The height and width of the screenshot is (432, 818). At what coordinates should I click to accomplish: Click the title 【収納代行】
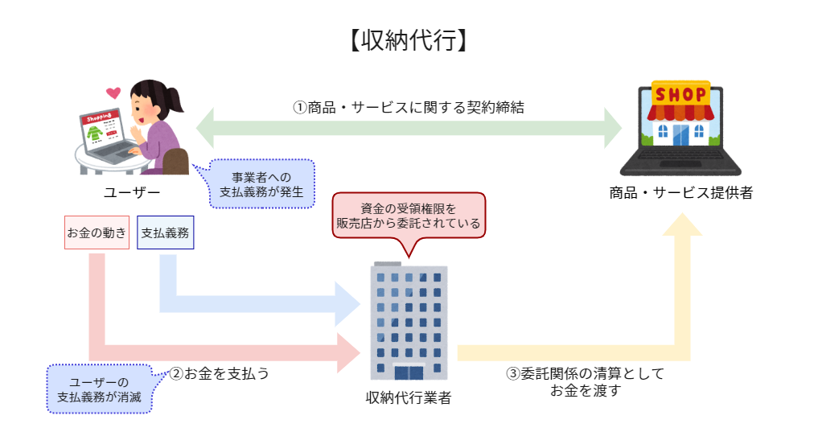tap(409, 40)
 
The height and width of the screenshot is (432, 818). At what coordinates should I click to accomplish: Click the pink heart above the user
tap(113, 92)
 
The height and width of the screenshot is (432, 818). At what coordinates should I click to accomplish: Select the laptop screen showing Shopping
tap(101, 129)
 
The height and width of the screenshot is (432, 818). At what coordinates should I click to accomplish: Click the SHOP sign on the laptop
tap(680, 95)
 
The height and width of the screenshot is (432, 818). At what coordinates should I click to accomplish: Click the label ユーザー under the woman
tap(132, 192)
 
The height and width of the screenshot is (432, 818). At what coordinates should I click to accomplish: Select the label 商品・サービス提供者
tap(680, 193)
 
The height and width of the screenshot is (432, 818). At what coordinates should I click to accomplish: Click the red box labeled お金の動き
tap(97, 232)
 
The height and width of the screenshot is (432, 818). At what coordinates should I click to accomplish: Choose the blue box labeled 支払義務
tap(165, 232)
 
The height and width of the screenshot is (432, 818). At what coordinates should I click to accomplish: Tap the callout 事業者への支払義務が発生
tap(262, 184)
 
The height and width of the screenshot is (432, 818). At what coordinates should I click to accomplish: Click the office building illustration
tap(409, 322)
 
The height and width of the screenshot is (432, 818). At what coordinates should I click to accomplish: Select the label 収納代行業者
tap(409, 397)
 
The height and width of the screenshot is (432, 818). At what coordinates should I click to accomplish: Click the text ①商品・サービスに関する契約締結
tap(409, 107)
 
